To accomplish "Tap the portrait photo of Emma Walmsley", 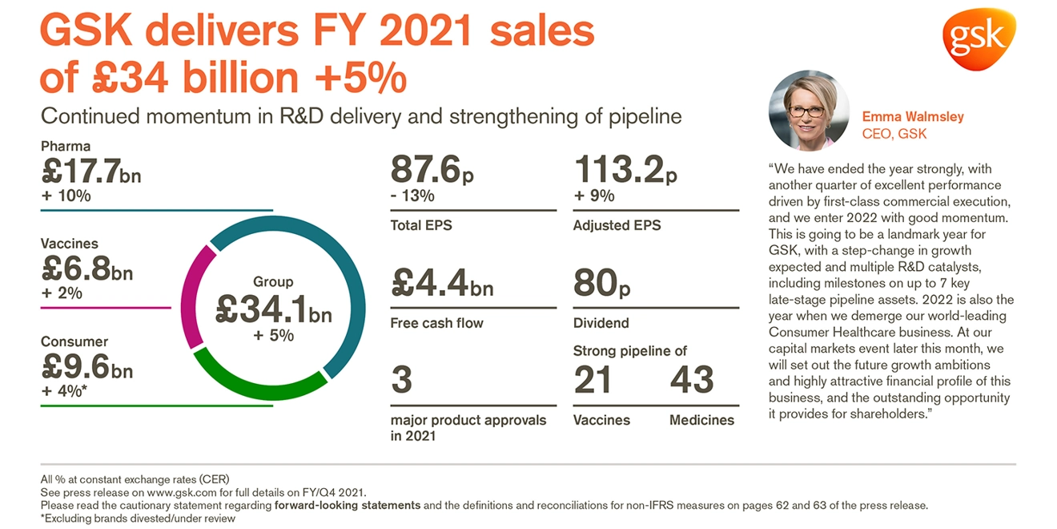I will pyautogui.click(x=809, y=111).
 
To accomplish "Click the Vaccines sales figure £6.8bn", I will pyautogui.click(x=86, y=269).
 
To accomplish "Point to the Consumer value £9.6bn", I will pyautogui.click(x=86, y=367).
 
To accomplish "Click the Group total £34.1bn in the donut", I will pyautogui.click(x=273, y=309).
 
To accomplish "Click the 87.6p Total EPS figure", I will pyautogui.click(x=427, y=170).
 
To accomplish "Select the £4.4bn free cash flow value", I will pyautogui.click(x=441, y=282).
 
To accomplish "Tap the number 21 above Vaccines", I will pyautogui.click(x=593, y=379).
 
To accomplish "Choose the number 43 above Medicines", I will pyautogui.click(x=692, y=379).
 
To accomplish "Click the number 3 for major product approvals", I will pyautogui.click(x=401, y=379).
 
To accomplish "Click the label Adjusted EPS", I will pyautogui.click(x=617, y=226).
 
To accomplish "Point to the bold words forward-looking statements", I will pyautogui.click(x=348, y=506).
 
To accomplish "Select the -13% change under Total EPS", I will pyautogui.click(x=412, y=196).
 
